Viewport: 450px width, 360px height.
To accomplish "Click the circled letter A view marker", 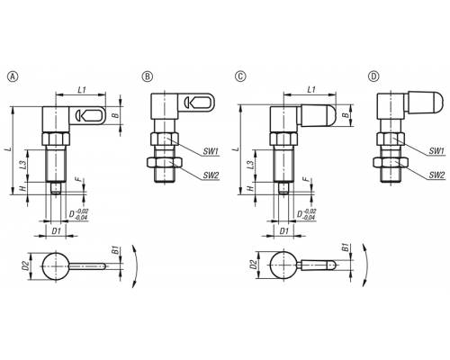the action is (x=13, y=76).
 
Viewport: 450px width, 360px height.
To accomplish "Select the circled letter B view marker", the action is (x=148, y=76).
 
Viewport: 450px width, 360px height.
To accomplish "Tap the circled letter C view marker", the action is (x=240, y=76).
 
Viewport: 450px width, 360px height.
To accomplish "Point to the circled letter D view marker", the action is (x=373, y=76).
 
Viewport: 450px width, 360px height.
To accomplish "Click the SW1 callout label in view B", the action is (x=210, y=152).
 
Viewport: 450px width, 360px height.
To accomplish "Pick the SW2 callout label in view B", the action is (x=211, y=175).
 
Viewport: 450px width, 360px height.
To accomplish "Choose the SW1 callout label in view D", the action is (x=436, y=151).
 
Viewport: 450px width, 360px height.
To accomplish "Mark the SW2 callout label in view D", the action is (x=436, y=175).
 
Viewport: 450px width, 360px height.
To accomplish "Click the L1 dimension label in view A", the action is (x=82, y=89).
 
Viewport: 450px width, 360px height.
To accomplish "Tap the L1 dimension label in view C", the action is (x=311, y=89).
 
